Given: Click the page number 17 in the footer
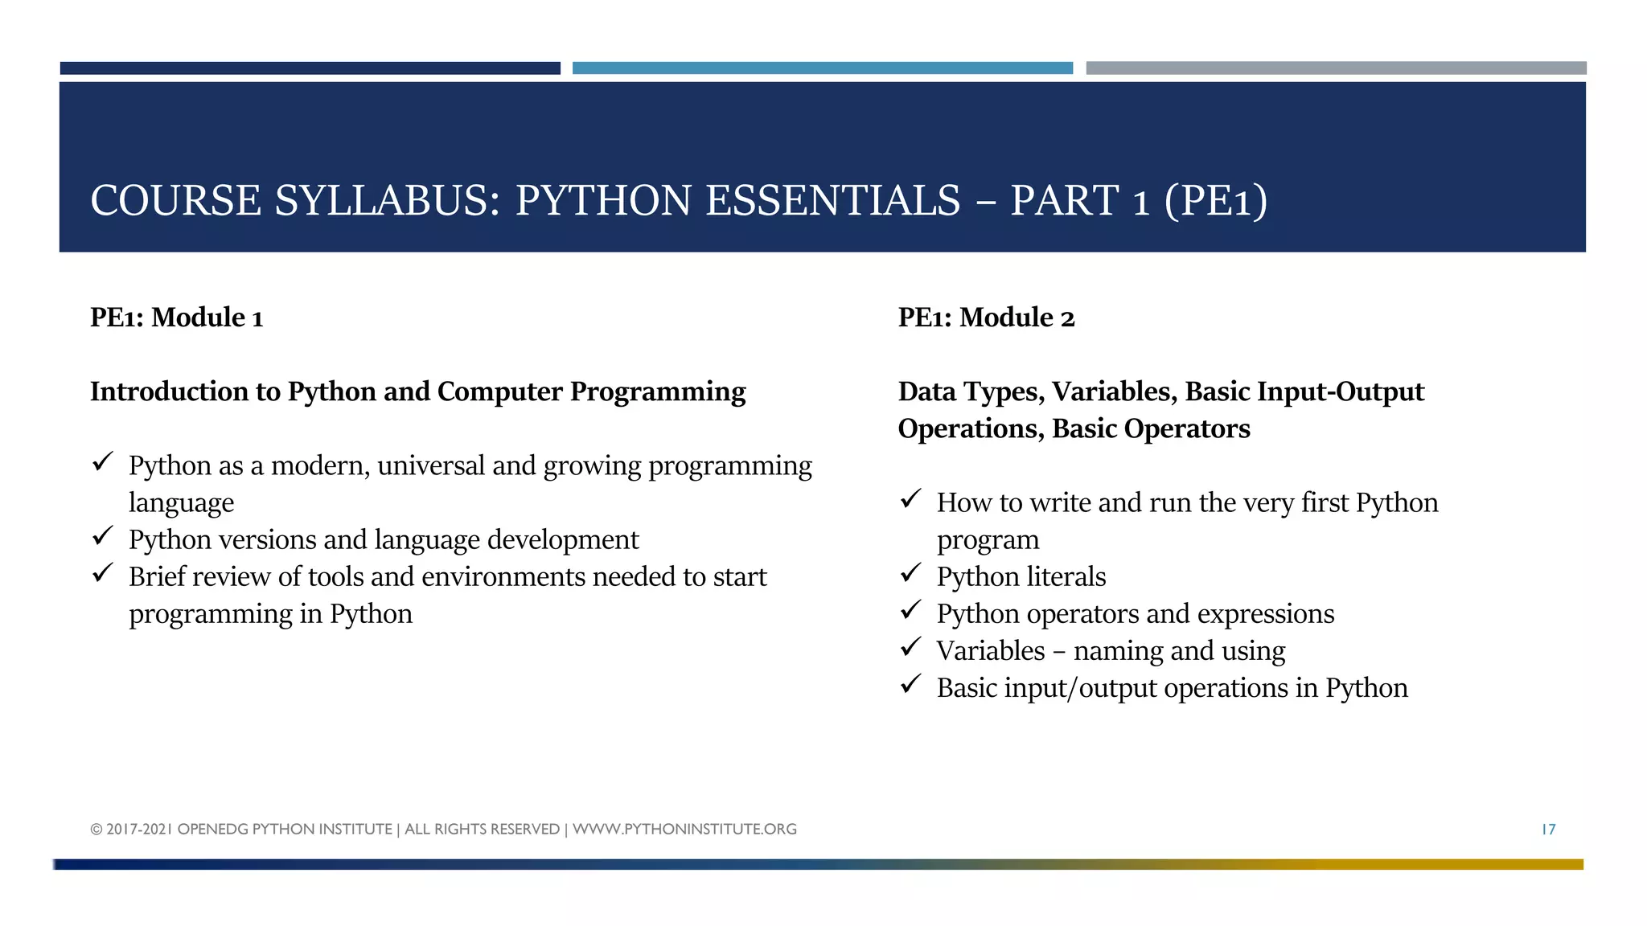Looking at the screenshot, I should tap(1548, 829).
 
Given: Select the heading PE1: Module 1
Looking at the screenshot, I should tap(176, 318).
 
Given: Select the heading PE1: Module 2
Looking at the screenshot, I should tap(986, 318).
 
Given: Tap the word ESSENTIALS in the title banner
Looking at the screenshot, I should tap(832, 200).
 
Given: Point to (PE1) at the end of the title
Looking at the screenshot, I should tap(1215, 200).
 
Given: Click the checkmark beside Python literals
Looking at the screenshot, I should tap(910, 573).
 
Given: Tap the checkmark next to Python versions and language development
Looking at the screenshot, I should tap(103, 536).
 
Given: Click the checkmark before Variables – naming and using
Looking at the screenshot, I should tap(910, 647).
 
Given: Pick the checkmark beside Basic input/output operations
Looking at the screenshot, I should tap(910, 684).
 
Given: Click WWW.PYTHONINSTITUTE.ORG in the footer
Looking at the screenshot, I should tap(684, 829).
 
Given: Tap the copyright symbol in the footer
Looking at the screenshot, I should tap(97, 830).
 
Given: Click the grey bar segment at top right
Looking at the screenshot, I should tap(1336, 68).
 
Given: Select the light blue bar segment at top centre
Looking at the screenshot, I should tap(822, 68).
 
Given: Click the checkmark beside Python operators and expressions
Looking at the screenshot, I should tap(910, 610).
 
